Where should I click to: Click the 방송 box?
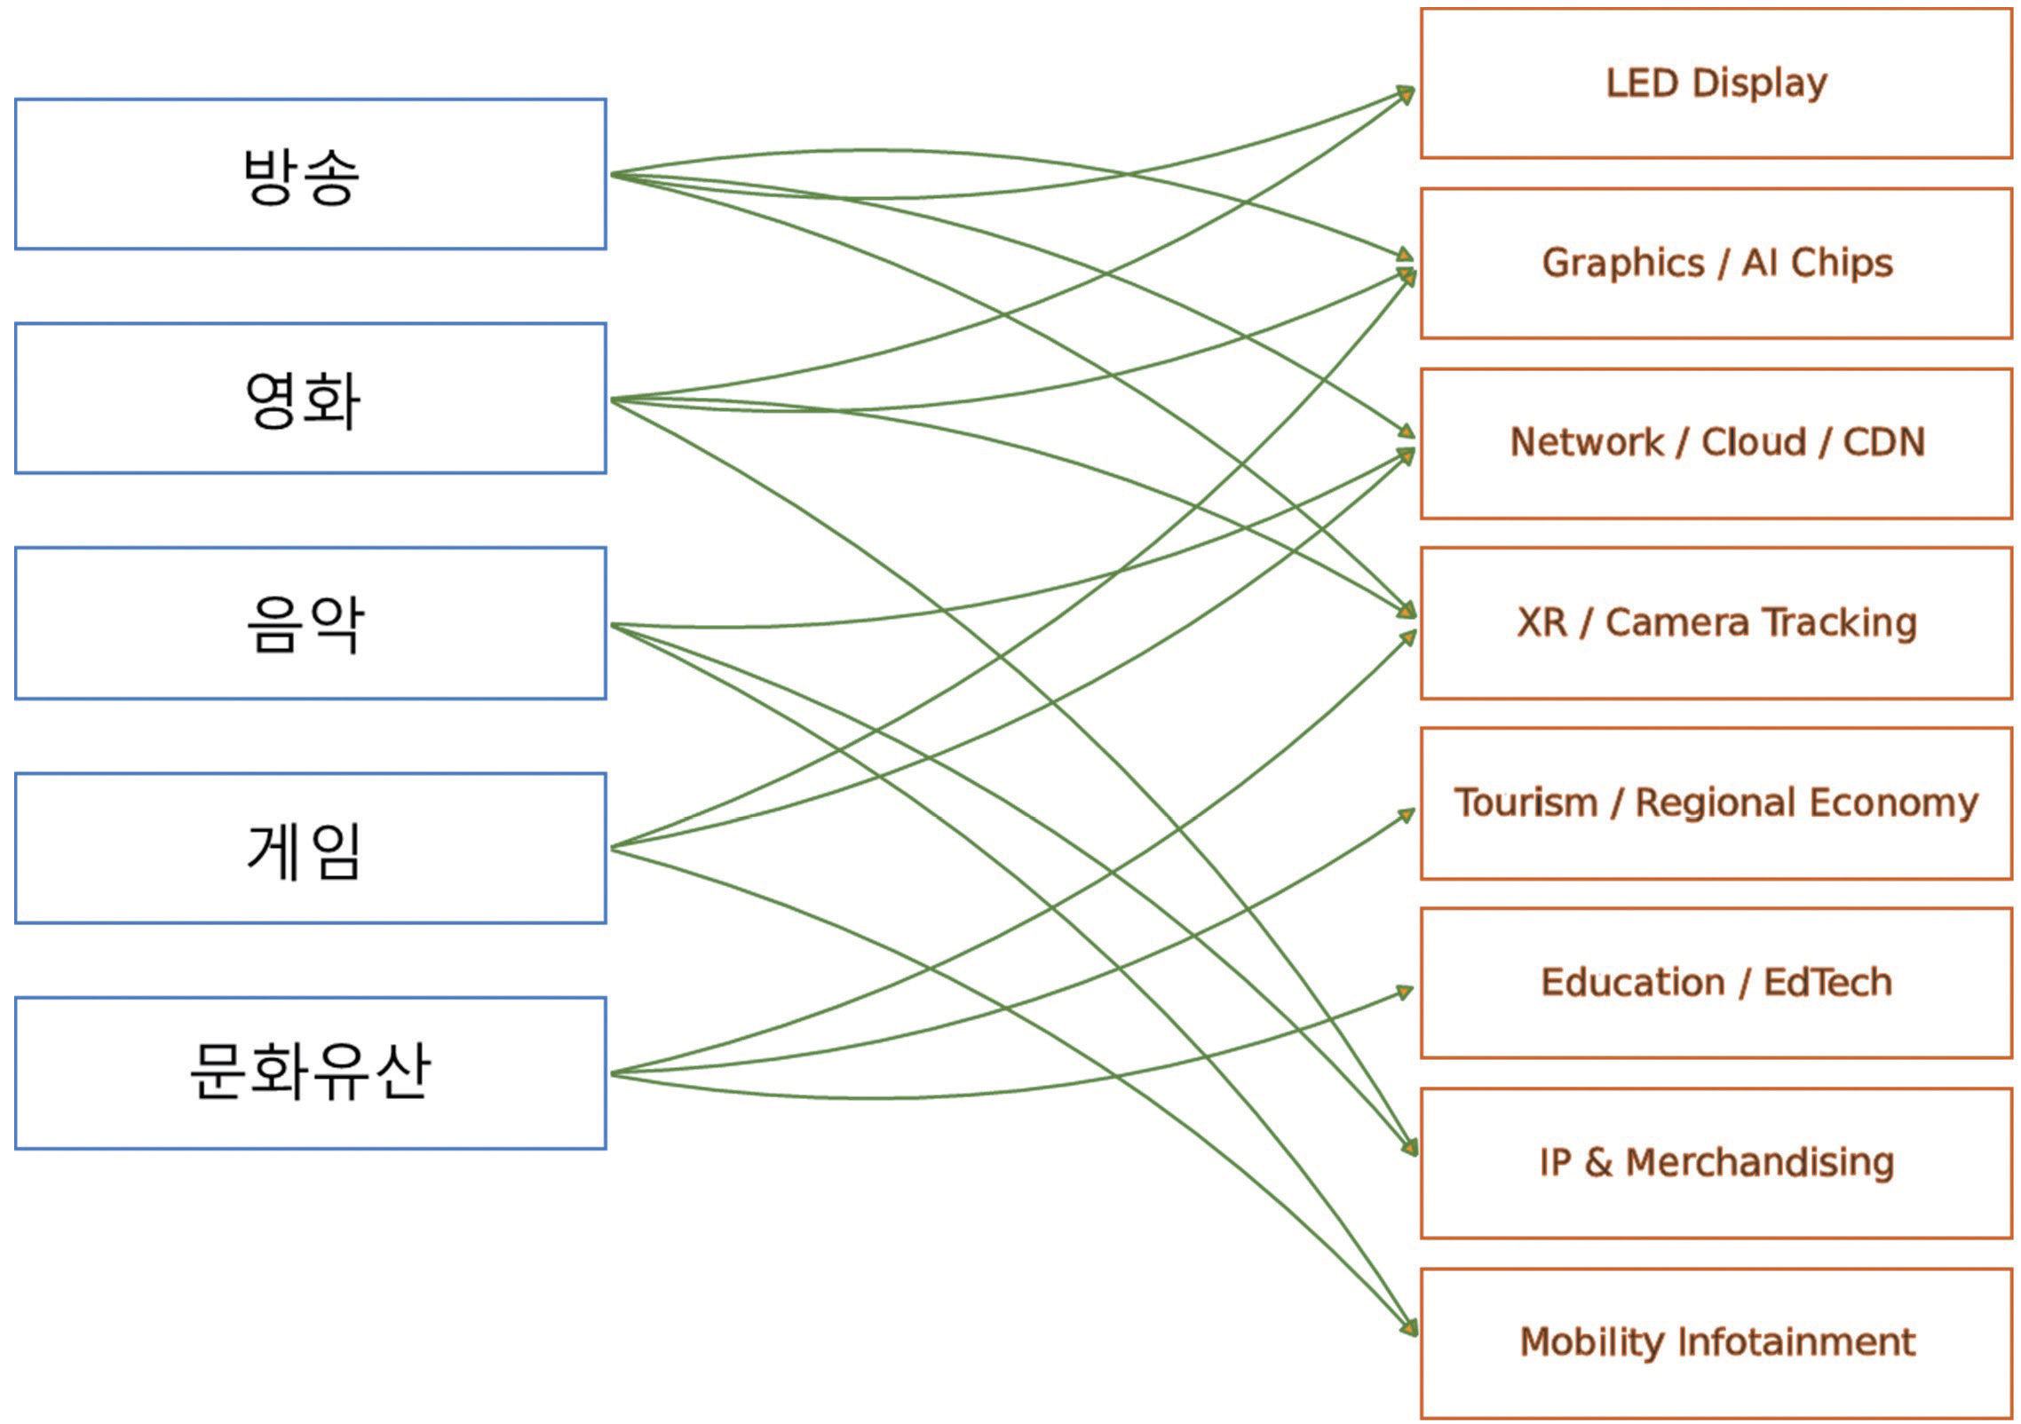point(311,174)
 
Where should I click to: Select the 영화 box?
point(311,399)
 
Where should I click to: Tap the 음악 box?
point(311,623)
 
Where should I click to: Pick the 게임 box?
point(311,849)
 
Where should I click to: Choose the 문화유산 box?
point(311,1073)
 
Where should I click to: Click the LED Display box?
point(1716,83)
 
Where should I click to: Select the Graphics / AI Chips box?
point(1716,264)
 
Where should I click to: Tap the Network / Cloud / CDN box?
point(1716,443)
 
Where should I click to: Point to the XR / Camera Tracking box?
point(1716,623)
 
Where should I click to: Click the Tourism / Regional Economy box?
point(1716,803)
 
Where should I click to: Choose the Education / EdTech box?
point(1716,983)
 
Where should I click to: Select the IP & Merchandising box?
point(1716,1163)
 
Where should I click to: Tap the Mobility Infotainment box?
point(1716,1342)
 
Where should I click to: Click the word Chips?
point(1842,264)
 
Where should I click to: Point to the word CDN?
point(1883,443)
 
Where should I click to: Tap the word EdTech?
point(1827,983)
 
